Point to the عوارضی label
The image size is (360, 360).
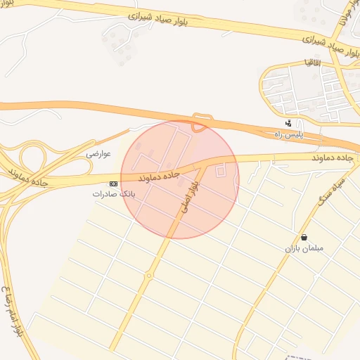tap(99, 153)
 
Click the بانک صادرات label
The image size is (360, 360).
tap(112, 193)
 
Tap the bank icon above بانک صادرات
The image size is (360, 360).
tap(115, 183)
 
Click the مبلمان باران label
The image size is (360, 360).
tap(303, 248)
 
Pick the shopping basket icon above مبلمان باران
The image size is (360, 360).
tap(304, 238)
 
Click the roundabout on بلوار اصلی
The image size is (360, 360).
tap(149, 276)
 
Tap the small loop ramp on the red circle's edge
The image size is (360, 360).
tap(199, 126)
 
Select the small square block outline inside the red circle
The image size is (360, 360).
tap(221, 170)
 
